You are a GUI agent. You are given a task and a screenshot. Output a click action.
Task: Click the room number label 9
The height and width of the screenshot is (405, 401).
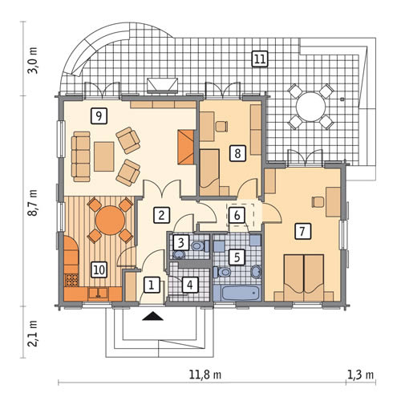pos(99,116)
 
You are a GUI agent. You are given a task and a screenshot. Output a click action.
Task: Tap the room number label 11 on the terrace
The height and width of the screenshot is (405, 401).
pos(260,59)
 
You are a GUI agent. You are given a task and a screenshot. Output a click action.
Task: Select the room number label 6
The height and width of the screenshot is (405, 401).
pos(237,215)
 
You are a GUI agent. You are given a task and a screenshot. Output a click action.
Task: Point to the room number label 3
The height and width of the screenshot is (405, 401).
pos(181,243)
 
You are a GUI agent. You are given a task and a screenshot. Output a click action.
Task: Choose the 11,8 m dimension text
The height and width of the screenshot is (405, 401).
pos(205,375)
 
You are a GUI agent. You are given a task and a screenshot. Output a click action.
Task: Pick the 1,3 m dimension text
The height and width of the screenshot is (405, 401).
pos(360,375)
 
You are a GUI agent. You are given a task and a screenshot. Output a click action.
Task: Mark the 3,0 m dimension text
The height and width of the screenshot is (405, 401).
pos(34,61)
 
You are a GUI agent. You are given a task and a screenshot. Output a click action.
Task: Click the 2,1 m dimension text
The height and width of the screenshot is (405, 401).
pos(34,333)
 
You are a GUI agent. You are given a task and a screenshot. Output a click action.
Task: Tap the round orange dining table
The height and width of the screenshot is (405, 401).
pos(110,221)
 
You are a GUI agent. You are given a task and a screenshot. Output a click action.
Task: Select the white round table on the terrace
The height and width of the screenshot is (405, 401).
pos(310,107)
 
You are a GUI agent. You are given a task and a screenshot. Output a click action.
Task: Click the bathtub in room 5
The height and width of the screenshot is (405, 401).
pos(237,294)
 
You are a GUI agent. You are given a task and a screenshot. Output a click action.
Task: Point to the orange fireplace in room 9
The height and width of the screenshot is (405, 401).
pos(185,147)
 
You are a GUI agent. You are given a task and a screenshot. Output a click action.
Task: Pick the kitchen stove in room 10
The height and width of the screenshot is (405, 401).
pos(71,280)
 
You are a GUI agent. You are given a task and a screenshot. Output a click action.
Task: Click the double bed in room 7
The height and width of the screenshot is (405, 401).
pos(304,277)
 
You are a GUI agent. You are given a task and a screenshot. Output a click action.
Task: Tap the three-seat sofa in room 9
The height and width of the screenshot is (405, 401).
pos(80,156)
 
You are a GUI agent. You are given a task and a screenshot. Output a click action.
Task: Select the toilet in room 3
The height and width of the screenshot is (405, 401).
pos(200,245)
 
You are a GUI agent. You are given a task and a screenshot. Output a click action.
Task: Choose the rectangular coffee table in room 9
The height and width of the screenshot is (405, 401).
pos(104,156)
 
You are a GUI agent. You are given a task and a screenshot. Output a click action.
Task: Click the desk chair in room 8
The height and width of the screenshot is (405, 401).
pos(221,127)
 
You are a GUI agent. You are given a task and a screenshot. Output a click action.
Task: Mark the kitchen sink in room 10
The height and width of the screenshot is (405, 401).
pos(99,293)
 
